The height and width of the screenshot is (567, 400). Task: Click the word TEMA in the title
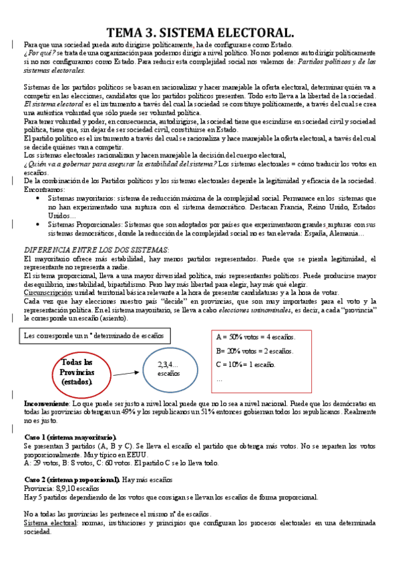tap(127, 31)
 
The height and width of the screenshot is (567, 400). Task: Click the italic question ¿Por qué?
tap(36, 52)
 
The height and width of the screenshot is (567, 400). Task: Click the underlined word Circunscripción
tap(50, 292)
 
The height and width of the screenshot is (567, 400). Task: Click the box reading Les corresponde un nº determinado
tap(97, 335)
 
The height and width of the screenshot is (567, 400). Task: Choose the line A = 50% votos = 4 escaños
tap(256, 337)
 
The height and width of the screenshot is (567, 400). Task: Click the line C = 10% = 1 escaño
tap(246, 365)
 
